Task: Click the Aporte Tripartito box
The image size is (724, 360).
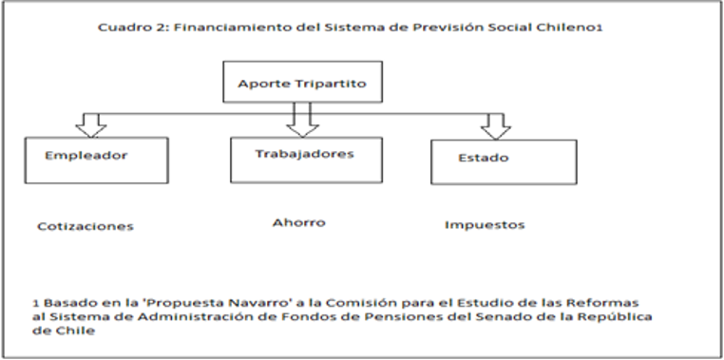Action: (302, 82)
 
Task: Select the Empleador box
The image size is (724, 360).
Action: (97, 161)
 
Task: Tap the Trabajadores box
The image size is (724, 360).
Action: (306, 160)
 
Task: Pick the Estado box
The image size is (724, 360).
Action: (504, 162)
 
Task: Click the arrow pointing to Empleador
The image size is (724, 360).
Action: (91, 125)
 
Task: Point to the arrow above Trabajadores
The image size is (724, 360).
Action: (302, 120)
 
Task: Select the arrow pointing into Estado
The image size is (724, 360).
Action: (495, 126)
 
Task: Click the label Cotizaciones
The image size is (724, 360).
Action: (86, 226)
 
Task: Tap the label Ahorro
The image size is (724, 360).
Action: (298, 222)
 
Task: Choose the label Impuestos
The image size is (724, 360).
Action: (485, 225)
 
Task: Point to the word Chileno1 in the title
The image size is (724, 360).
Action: (569, 28)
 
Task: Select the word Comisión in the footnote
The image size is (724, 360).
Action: (362, 303)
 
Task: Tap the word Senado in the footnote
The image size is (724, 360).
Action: (507, 316)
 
